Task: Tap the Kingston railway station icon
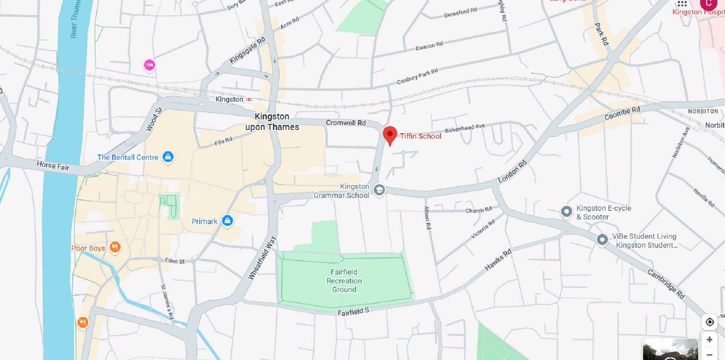coord(249,99)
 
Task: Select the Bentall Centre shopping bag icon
coord(168,157)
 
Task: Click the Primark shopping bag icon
coord(227,221)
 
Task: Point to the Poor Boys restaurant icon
coord(115,247)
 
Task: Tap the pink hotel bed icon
coord(150,65)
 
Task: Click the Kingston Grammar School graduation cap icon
coord(379,190)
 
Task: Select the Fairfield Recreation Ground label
coord(344,281)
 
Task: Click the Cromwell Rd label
coord(346,123)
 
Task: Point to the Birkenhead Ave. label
coord(465,128)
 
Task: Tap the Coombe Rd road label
coord(622,113)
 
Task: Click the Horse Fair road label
coord(53,165)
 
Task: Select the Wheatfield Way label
coord(262,258)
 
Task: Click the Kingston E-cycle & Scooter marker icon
coord(566,212)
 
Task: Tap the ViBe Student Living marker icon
coord(602,239)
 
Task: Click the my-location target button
coord(710,322)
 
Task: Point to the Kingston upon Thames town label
coord(272,122)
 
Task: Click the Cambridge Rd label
coord(666,284)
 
